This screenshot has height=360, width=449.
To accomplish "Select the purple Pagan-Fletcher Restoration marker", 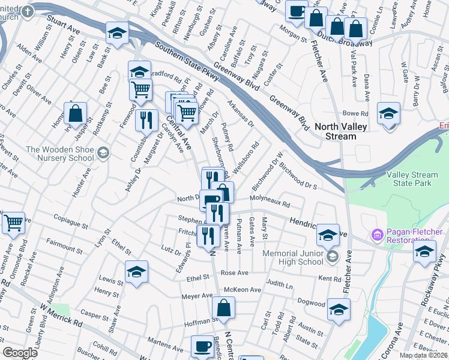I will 378,233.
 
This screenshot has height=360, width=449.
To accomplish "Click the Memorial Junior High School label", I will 293,257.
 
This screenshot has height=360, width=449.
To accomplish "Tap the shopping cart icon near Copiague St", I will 13,223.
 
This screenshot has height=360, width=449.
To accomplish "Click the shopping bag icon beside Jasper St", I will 76,112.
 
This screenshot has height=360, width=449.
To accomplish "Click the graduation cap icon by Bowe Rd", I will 388,113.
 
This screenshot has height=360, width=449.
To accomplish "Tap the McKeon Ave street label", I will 243,289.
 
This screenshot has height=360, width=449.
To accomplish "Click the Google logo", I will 20,352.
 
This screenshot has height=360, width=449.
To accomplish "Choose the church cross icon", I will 28,14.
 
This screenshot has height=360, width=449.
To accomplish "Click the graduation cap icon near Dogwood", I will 339,310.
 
